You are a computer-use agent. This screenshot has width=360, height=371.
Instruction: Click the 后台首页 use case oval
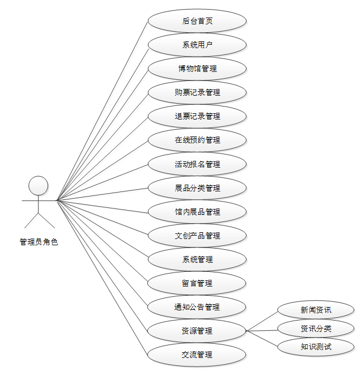[197, 21]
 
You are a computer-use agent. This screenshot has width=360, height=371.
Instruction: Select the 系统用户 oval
[197, 45]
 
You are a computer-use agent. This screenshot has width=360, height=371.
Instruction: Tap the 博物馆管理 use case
[197, 69]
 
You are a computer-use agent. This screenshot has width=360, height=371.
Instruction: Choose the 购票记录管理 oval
[197, 92]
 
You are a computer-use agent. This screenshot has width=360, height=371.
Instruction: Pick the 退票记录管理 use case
[197, 116]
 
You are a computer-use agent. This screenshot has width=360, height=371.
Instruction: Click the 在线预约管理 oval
[197, 140]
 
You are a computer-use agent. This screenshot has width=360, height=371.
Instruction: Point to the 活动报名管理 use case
[197, 164]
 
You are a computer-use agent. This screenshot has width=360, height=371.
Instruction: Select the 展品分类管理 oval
[197, 188]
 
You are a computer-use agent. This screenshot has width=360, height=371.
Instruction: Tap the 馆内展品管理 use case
[197, 212]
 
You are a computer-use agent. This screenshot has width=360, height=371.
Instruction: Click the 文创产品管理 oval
[197, 236]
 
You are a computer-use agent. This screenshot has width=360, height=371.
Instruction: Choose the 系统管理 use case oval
[197, 259]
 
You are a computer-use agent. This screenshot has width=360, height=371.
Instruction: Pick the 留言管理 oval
[197, 283]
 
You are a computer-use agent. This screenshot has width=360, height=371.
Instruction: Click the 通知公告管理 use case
[197, 307]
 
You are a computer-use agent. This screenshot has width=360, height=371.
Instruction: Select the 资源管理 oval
[197, 331]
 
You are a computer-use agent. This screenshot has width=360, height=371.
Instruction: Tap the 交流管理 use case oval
[197, 355]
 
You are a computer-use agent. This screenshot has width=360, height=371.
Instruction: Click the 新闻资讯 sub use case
[316, 310]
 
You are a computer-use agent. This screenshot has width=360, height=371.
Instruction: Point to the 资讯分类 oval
[316, 329]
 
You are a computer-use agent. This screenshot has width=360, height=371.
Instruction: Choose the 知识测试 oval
[316, 347]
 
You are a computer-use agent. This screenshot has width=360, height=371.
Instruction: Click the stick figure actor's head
[39, 185]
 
